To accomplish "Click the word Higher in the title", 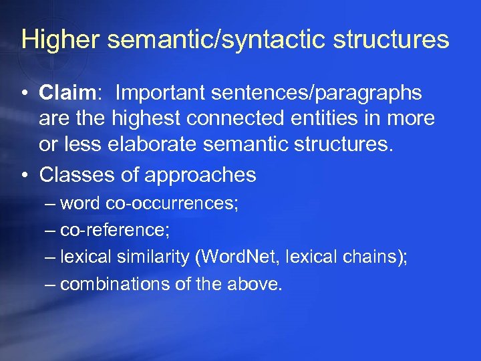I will pyautogui.click(x=59, y=40).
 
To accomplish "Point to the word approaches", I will pyautogui.click(x=200, y=175).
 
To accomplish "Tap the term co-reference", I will pyautogui.click(x=114, y=231).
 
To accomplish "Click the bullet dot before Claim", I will pyautogui.click(x=25, y=94).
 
